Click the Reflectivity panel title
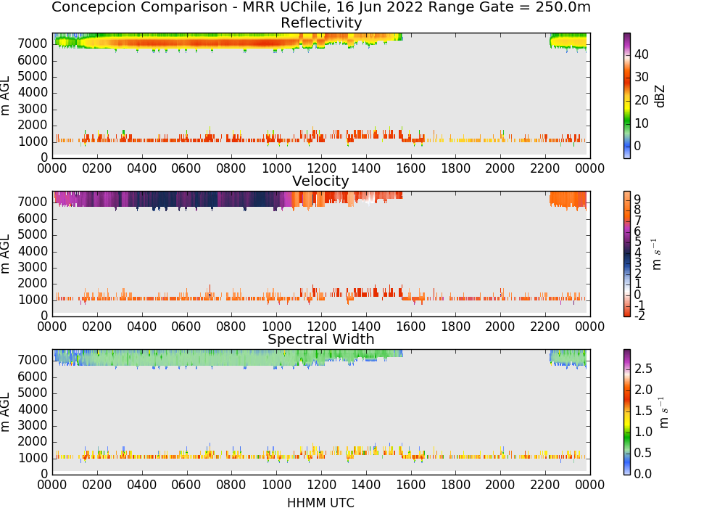[x=321, y=22]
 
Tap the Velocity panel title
[x=320, y=181]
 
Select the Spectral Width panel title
[x=321, y=339]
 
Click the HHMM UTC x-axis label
[x=320, y=502]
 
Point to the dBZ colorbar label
[x=660, y=97]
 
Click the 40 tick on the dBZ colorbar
[x=641, y=54]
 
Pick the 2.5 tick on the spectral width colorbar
[x=643, y=369]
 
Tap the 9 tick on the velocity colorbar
[x=637, y=200]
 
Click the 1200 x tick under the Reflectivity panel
[x=321, y=168]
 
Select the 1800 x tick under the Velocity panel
[x=455, y=327]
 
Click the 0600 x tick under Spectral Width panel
[x=186, y=485]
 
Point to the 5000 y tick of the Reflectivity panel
[x=33, y=76]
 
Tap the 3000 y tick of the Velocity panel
[x=33, y=267]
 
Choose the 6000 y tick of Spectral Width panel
[x=33, y=377]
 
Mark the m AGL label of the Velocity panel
[x=5, y=254]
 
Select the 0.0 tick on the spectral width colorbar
[x=643, y=474]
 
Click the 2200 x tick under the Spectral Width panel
[x=545, y=485]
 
